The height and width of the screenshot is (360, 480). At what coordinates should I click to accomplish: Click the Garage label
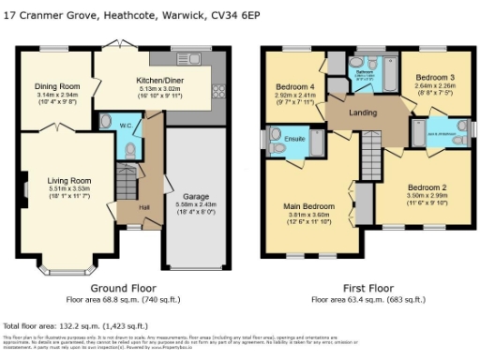[195, 195]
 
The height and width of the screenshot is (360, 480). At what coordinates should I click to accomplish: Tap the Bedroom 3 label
[434, 76]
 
